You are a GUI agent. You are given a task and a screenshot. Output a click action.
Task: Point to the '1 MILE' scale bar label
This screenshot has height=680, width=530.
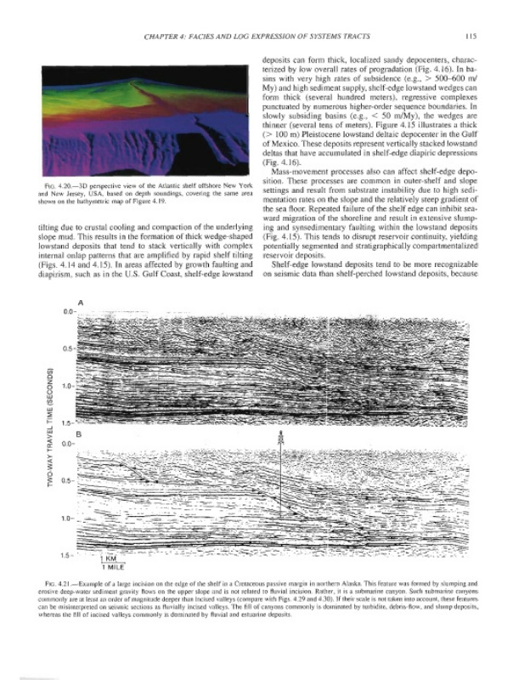111,567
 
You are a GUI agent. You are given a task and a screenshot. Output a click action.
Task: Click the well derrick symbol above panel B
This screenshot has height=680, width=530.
282,439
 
